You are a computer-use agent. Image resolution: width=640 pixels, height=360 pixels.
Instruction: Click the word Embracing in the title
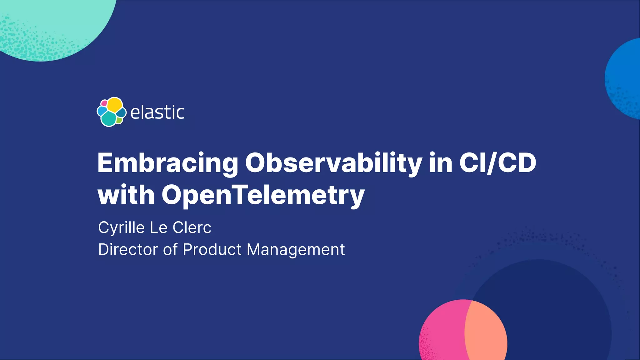point(167,163)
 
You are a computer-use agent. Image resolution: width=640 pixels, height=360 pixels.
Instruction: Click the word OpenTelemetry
point(263,195)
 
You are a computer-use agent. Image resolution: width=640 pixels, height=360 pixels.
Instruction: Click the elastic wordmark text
point(157,112)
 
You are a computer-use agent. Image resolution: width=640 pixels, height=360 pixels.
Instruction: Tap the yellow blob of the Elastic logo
point(115,104)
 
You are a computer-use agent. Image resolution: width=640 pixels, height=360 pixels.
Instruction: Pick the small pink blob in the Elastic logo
point(104,103)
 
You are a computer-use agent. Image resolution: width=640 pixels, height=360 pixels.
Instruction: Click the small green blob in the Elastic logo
point(119,120)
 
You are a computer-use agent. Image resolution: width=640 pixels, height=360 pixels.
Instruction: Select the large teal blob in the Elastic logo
point(109,119)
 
